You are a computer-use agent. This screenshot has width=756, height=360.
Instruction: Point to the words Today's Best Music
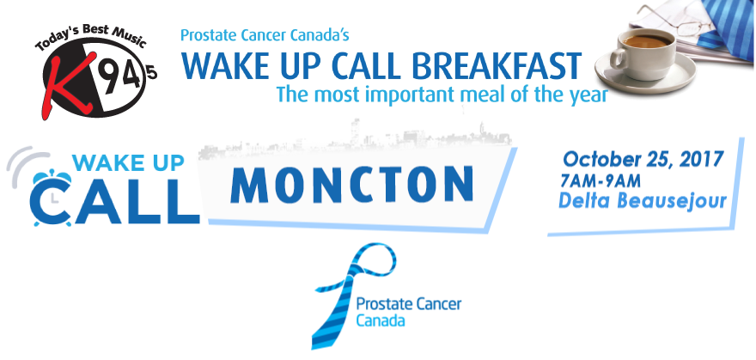90,38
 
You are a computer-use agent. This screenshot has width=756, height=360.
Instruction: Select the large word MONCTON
351,185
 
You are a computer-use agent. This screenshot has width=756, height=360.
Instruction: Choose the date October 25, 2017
643,159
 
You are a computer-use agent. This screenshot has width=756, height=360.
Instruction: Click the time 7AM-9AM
601,181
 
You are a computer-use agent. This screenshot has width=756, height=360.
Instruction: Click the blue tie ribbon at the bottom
354,294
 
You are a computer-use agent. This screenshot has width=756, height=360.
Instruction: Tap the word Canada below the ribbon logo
381,320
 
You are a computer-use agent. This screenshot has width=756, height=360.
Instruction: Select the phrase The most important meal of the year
442,94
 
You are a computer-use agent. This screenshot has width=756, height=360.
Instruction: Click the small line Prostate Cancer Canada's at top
265,35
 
